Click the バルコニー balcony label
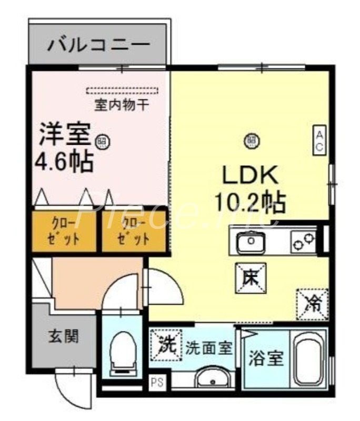pyautogui.click(x=99, y=45)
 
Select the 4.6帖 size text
pyautogui.click(x=64, y=161)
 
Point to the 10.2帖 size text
pyautogui.click(x=250, y=201)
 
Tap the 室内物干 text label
pyautogui.click(x=122, y=105)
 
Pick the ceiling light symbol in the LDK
pyautogui.click(x=251, y=139)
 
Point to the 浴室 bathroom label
pyautogui.click(x=266, y=359)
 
